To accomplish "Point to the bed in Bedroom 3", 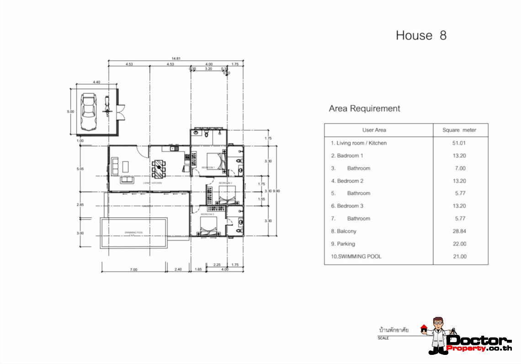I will tap(209, 226).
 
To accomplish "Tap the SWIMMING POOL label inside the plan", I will tap(134, 233).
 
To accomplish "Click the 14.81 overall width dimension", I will tap(176, 58).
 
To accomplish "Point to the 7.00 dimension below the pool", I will tap(133, 269).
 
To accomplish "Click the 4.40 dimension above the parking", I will tap(96, 82).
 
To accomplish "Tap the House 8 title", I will tap(421, 36).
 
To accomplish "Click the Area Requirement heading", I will tap(364, 109).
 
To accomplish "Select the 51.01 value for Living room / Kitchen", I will tap(459, 143).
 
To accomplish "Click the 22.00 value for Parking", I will tap(459, 244).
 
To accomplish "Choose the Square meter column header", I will tap(459, 130).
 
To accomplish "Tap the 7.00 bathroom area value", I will tap(459, 168).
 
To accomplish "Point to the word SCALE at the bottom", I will tap(383, 338).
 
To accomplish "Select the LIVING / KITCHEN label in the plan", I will tap(153, 183).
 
